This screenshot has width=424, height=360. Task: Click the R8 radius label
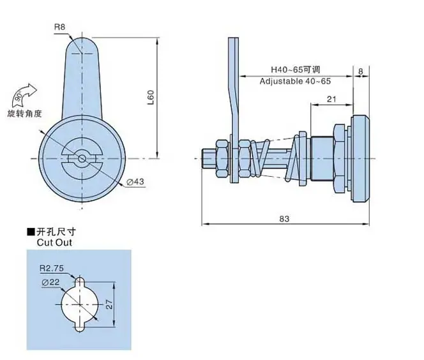tap(60, 27)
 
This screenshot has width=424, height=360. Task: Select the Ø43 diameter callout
tap(135, 181)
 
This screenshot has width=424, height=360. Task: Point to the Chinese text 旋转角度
tap(25, 114)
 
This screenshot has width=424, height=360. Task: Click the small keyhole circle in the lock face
tap(82, 158)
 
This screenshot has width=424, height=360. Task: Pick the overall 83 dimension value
tap(284, 219)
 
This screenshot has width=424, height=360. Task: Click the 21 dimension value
tap(331, 99)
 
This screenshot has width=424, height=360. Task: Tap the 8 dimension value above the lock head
tap(360, 71)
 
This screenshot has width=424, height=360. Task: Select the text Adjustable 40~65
tap(295, 81)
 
